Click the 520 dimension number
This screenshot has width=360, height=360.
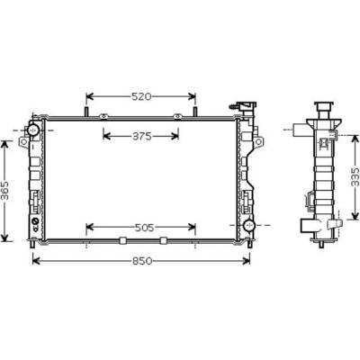[x=141, y=96]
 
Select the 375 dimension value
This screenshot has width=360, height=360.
[x=142, y=137]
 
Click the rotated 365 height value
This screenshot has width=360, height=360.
[x=4, y=191]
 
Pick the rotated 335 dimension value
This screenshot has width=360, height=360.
[x=355, y=176]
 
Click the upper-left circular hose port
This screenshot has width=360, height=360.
[x=33, y=130]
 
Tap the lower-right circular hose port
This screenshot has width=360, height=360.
[x=248, y=225]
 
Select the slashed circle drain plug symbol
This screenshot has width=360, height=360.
[x=35, y=222]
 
